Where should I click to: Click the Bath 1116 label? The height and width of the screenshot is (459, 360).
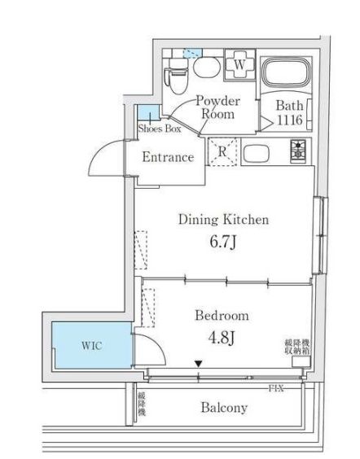pos(288,112)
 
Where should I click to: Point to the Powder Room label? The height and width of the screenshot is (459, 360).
pos(217,107)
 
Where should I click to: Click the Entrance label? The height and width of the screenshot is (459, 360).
pos(168,157)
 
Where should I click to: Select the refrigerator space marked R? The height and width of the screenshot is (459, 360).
pos(222,151)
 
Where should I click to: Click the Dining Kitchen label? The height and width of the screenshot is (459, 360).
pos(223,219)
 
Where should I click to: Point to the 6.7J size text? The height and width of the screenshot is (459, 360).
pos(224,243)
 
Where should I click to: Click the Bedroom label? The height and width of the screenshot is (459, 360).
pos(221,316)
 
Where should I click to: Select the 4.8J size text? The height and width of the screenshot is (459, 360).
pos(222,339)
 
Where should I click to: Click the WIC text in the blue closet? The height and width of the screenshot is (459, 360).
pos(90,345)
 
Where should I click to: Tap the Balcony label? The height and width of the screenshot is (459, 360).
pos(224,408)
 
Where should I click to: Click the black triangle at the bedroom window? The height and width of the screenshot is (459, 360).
pos(198,365)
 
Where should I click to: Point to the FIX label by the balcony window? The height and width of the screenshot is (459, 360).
pos(277,387)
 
